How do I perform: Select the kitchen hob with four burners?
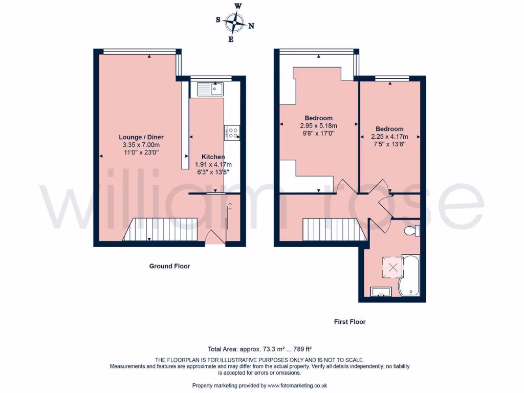(x=232, y=133)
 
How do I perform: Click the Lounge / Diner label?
(x=141, y=137)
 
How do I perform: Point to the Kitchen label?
(x=213, y=157)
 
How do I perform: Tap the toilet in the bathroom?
(x=411, y=231)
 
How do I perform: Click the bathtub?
(x=410, y=275)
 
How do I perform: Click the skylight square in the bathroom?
(x=392, y=266)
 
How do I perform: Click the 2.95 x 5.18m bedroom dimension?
(x=318, y=125)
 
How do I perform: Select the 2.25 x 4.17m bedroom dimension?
(x=389, y=137)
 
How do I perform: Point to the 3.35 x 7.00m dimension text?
(x=141, y=145)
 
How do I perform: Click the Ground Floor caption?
(x=169, y=266)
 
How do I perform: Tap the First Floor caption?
(x=350, y=322)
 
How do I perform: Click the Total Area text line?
(x=259, y=350)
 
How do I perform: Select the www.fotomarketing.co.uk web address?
(x=297, y=385)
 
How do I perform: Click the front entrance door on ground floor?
(x=215, y=237)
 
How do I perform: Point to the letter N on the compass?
(x=251, y=26)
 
